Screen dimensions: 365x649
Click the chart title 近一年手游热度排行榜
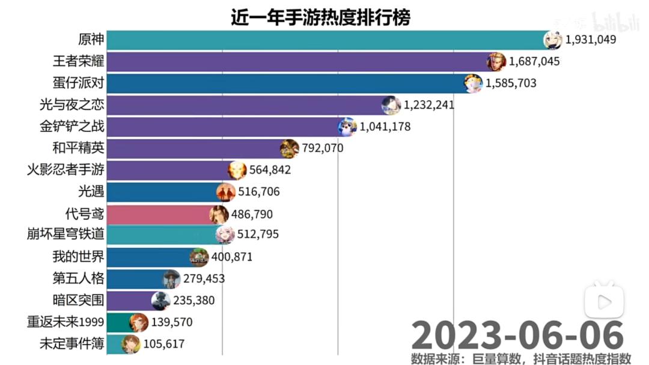point(320,17)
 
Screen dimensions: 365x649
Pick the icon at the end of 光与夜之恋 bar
point(391,105)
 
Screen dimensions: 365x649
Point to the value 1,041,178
point(385,127)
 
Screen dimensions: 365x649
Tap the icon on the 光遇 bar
point(226,192)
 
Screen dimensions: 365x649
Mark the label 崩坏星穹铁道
point(70,235)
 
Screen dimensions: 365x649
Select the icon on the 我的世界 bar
point(199,257)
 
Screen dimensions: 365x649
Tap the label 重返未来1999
point(66,322)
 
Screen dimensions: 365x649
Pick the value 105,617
point(163,344)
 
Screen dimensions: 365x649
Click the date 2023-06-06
point(517,335)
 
